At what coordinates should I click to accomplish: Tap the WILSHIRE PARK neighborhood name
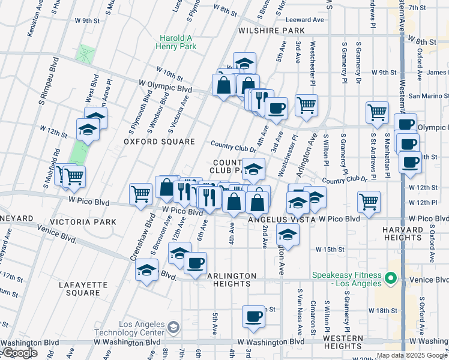tap(271, 30)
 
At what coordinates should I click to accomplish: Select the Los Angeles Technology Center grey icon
tap(173, 327)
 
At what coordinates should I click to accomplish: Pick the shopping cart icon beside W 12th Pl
tap(369, 202)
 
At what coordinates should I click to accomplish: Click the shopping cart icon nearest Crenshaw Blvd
tap(140, 193)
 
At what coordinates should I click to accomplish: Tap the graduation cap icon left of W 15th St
tap(288, 235)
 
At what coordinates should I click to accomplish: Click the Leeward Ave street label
tap(304, 20)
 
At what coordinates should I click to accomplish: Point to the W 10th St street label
tap(169, 73)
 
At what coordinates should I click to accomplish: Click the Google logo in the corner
tap(20, 353)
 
